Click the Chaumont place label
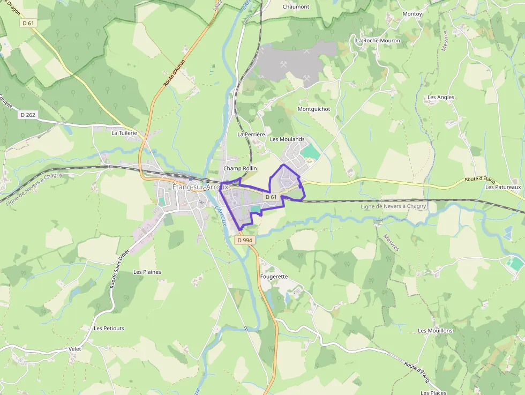tap(296, 6)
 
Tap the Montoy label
tap(412, 13)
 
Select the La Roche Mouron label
tap(378, 40)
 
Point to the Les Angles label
tap(440, 98)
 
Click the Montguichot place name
tap(314, 109)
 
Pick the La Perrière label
tap(251, 134)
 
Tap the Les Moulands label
tap(287, 139)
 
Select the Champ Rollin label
tap(240, 168)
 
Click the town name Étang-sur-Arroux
tap(200, 187)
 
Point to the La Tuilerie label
tap(124, 133)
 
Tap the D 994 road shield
tap(244, 240)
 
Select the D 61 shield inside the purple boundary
tap(271, 197)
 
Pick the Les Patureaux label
tap(503, 187)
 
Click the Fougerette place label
tap(274, 277)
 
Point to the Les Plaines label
tap(147, 272)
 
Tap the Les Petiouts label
tap(109, 328)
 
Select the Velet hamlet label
tap(75, 349)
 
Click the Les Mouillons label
tap(435, 331)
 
